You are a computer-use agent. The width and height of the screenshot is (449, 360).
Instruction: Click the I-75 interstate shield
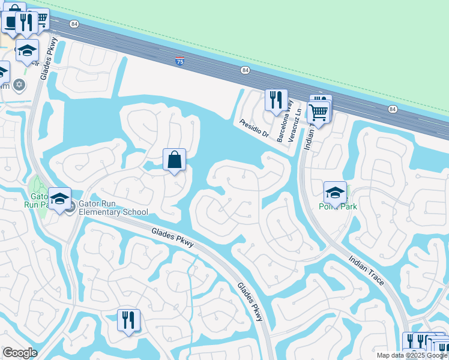179,61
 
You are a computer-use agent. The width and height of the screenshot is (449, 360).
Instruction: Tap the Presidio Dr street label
254,128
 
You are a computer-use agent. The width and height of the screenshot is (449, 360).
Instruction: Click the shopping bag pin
174,160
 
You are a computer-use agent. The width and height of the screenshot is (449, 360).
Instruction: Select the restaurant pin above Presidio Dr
276,100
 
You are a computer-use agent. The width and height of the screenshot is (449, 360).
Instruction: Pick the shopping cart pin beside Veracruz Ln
318,112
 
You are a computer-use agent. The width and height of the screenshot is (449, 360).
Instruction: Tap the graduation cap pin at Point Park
335,193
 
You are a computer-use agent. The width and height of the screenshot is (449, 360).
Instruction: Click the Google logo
20,353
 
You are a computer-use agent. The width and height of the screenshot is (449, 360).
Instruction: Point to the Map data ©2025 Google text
412,355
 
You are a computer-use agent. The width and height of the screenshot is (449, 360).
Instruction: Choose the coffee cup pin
11,22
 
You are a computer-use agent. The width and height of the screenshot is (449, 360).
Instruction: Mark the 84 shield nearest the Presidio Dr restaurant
245,70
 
